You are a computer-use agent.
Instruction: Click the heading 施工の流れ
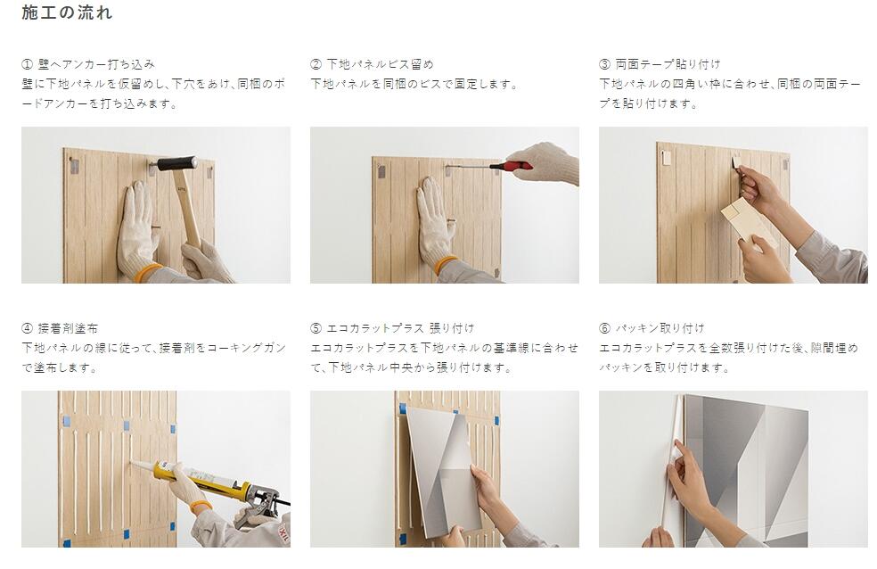click(x=67, y=13)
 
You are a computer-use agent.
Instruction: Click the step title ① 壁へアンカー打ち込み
click(x=88, y=64)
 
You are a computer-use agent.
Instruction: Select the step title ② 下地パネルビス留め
click(x=372, y=64)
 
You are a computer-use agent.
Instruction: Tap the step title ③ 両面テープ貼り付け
click(x=660, y=64)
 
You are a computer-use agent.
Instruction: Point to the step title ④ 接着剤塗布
click(x=61, y=328)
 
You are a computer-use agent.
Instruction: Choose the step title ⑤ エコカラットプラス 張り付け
click(x=392, y=328)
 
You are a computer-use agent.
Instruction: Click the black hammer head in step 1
click(x=176, y=163)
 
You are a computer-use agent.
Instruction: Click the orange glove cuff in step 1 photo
click(x=152, y=270)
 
